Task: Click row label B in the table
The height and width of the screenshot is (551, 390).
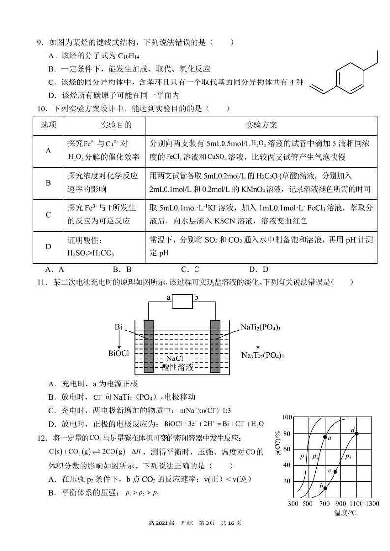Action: (x=48, y=183)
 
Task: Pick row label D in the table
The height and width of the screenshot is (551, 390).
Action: (x=48, y=247)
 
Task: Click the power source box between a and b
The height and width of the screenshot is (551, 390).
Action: (x=183, y=301)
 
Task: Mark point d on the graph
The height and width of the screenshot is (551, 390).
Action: (x=357, y=433)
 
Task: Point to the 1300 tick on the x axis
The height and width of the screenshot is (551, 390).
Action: (x=372, y=504)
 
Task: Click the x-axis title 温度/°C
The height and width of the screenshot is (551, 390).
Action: (x=345, y=513)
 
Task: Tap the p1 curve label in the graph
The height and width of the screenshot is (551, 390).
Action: (x=303, y=457)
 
